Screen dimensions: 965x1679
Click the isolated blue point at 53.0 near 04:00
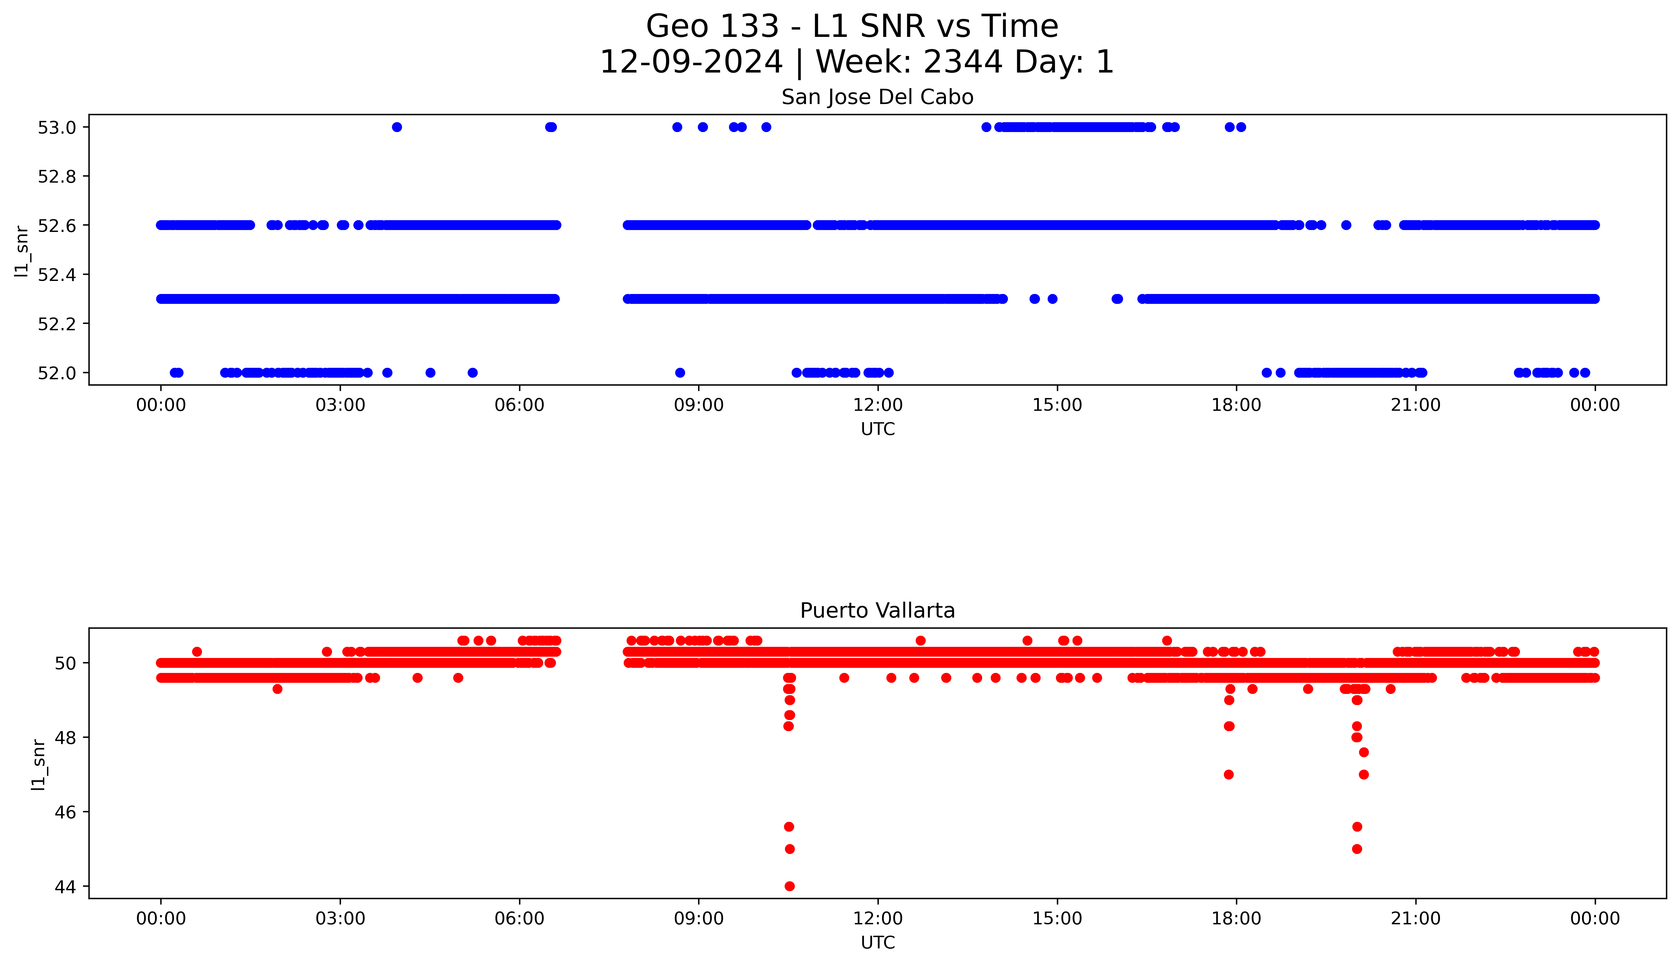pyautogui.click(x=397, y=127)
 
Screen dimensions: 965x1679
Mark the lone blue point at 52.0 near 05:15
pyautogui.click(x=472, y=373)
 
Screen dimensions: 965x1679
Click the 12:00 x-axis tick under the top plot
pyautogui.click(x=878, y=405)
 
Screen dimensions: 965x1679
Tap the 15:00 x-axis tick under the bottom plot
pyautogui.click(x=1057, y=919)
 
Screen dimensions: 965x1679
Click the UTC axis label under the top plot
pyautogui.click(x=878, y=430)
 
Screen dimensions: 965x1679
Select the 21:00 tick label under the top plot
pyautogui.click(x=1415, y=405)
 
